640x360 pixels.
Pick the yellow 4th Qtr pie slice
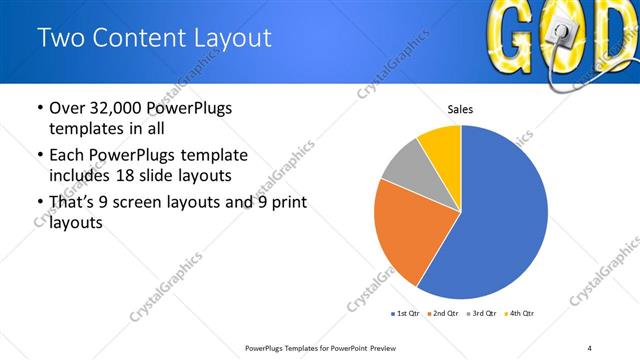click(x=441, y=145)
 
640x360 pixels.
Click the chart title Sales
click(x=460, y=110)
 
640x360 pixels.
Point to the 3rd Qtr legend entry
click(x=481, y=313)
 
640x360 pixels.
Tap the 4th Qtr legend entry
click(x=519, y=313)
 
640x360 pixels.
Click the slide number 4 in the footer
click(x=589, y=347)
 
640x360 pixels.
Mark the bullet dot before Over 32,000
click(x=39, y=108)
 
